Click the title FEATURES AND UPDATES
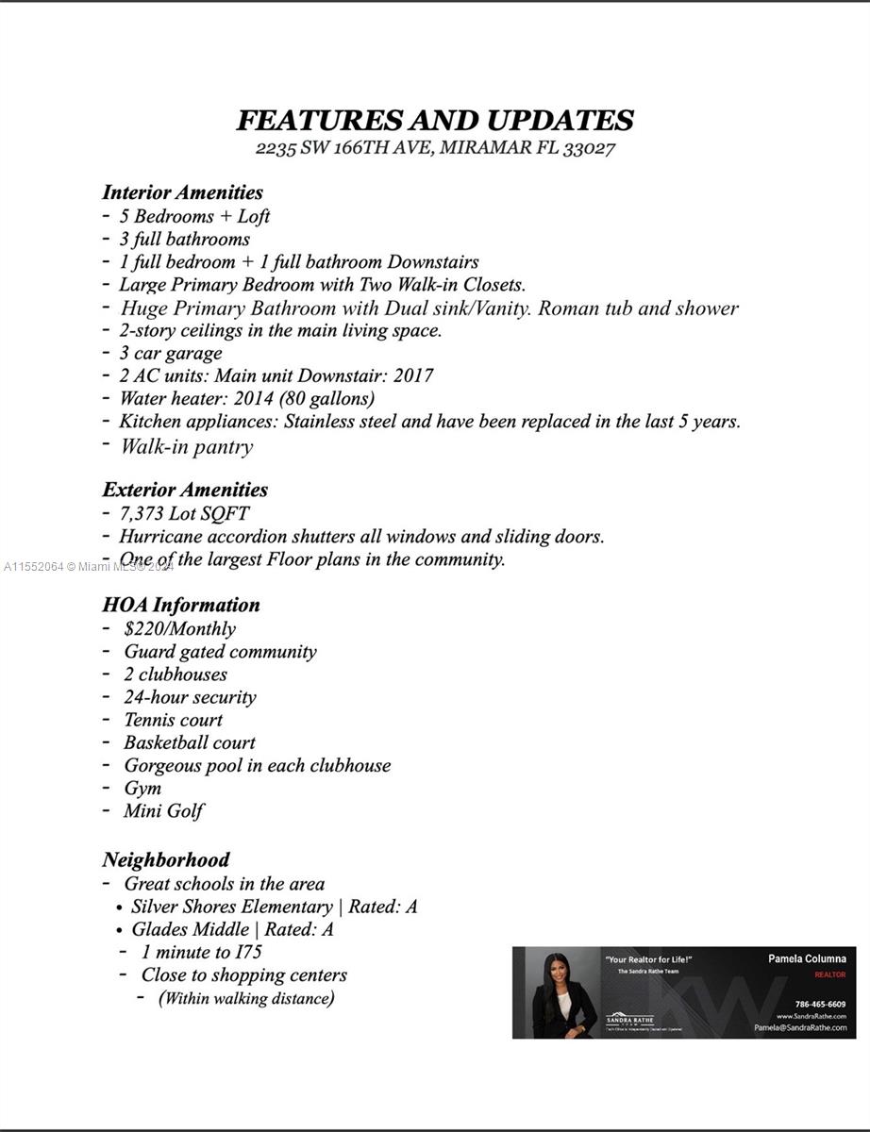pos(434,121)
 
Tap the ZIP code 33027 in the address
pos(589,148)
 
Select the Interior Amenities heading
pos(182,192)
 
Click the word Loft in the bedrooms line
pos(254,216)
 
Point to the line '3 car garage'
pos(170,353)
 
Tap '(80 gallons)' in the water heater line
pos(326,398)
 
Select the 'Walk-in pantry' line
pos(186,446)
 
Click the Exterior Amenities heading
pos(185,490)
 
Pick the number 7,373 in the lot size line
pos(142,513)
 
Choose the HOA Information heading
pos(181,605)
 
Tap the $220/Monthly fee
pos(179,628)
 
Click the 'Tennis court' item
pos(173,720)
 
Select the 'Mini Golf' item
pos(163,810)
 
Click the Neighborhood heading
pos(166,859)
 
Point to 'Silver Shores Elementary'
pos(231,907)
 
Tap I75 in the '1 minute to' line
pos(248,952)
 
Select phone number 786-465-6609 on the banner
pos(820,1005)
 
